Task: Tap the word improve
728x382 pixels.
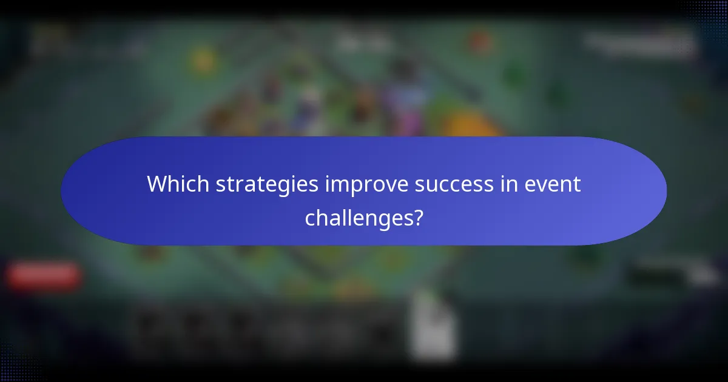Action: (x=362, y=184)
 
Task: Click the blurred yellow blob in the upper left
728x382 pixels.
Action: (x=203, y=61)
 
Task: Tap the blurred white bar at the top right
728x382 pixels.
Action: (x=640, y=42)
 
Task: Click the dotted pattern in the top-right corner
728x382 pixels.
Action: (x=707, y=15)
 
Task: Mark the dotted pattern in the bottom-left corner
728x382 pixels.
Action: (x=18, y=364)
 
